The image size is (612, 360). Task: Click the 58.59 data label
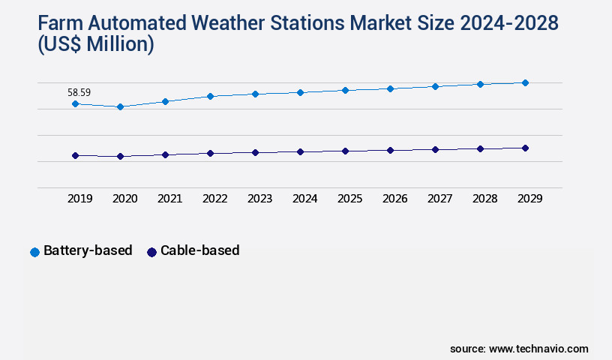pyautogui.click(x=79, y=92)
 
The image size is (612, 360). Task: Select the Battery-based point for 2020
pyautogui.click(x=120, y=107)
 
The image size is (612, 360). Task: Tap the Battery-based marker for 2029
pyautogui.click(x=525, y=82)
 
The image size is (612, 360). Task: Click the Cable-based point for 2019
pyautogui.click(x=75, y=155)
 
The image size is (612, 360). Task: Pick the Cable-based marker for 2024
pyautogui.click(x=300, y=151)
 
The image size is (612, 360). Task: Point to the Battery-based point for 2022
pyautogui.click(x=210, y=96)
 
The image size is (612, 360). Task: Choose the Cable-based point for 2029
pyautogui.click(x=525, y=148)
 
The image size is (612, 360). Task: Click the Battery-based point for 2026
pyautogui.click(x=390, y=88)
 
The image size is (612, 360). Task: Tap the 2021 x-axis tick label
pyautogui.click(x=169, y=199)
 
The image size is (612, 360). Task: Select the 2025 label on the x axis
pyautogui.click(x=349, y=199)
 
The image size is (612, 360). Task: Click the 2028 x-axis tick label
pyautogui.click(x=484, y=199)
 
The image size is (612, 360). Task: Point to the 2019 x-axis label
pyautogui.click(x=79, y=199)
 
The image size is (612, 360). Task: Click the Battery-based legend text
pyautogui.click(x=88, y=250)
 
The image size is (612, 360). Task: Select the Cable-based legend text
pyautogui.click(x=199, y=250)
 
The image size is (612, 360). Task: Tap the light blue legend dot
pyautogui.click(x=34, y=252)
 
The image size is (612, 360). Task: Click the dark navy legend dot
pyautogui.click(x=151, y=252)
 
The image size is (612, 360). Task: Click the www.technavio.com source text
pyautogui.click(x=538, y=349)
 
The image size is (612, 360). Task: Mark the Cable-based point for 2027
pyautogui.click(x=435, y=149)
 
